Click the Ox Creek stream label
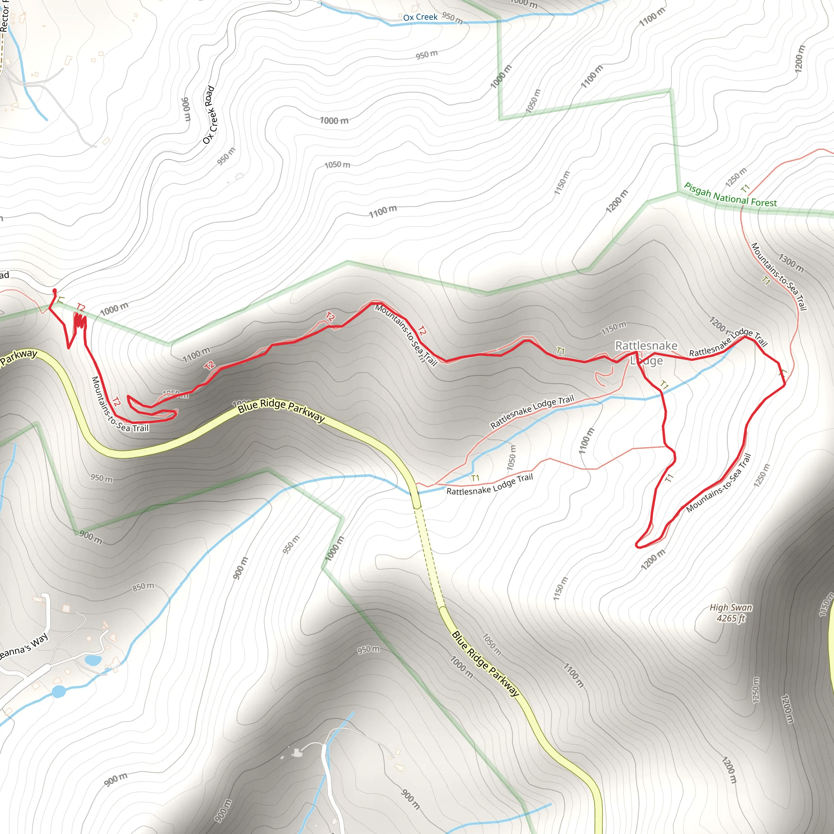point(420,17)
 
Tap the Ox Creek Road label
point(209,115)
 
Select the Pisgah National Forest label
point(730,195)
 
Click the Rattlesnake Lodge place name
point(646,353)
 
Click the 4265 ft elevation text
point(731,618)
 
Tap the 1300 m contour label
point(791,263)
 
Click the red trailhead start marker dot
point(55,291)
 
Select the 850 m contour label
point(143,587)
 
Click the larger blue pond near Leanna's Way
point(58,691)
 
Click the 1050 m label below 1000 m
point(337,165)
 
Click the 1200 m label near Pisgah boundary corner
point(617,201)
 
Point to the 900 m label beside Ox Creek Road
point(186,109)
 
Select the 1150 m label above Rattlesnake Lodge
point(613,329)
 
